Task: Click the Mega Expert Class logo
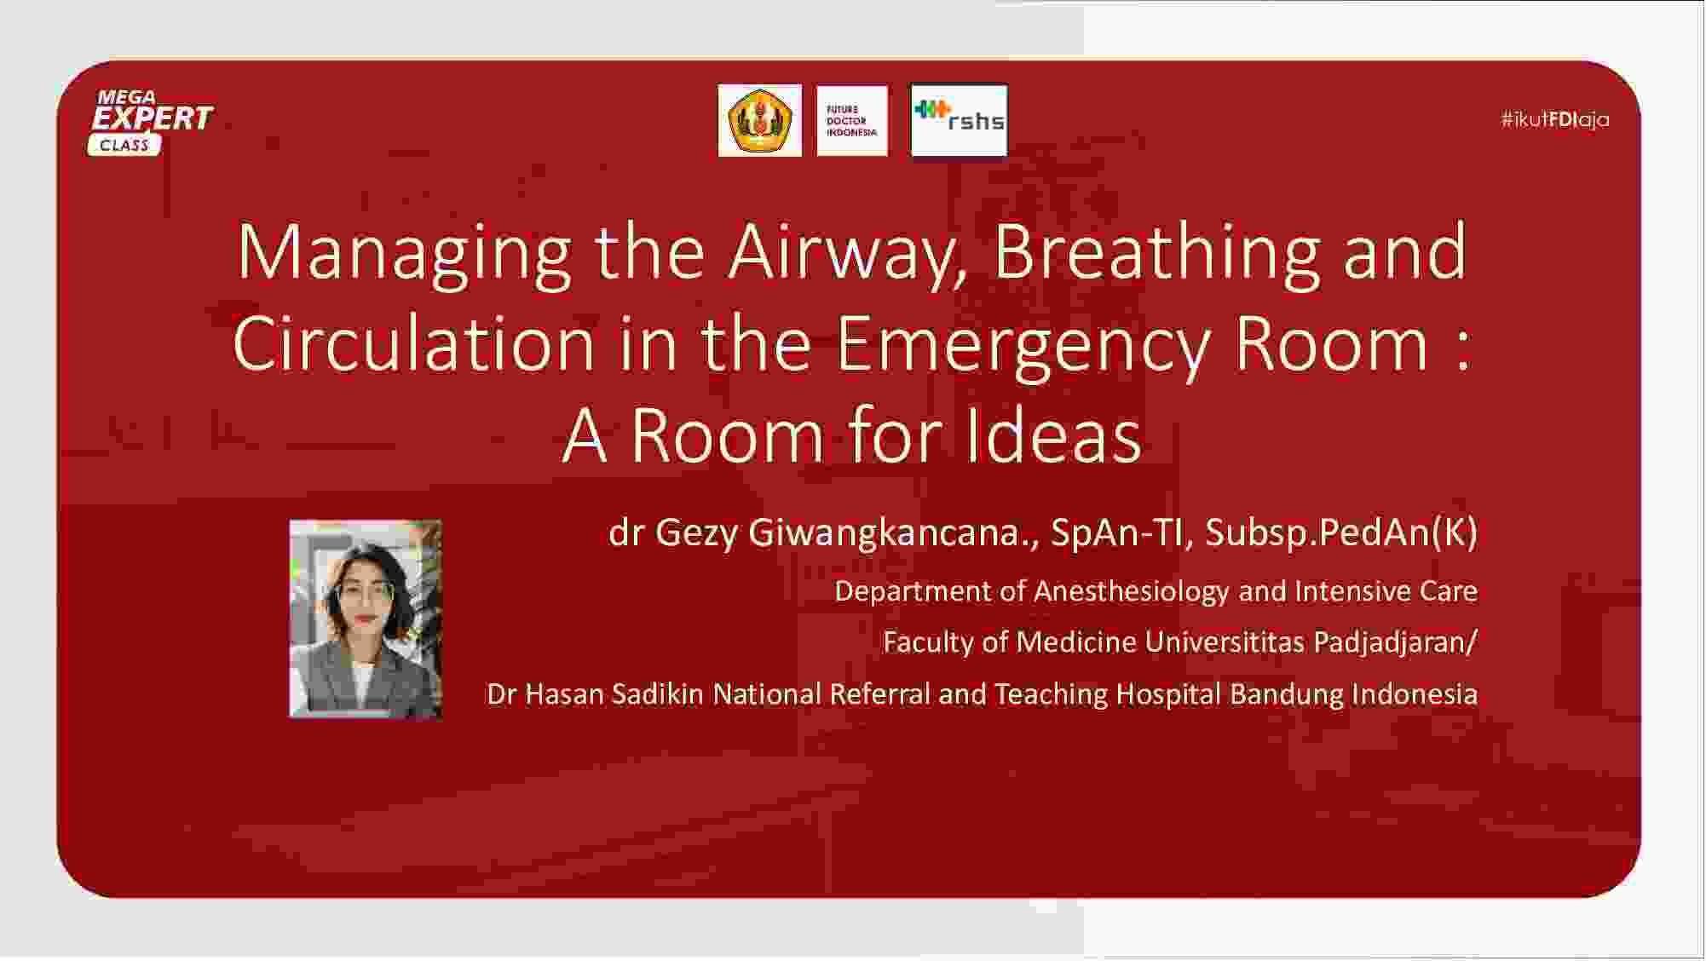pyautogui.click(x=151, y=122)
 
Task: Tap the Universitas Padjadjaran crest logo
pyautogui.click(x=759, y=120)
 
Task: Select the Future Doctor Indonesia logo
pyautogui.click(x=852, y=121)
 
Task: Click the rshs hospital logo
pyautogui.click(x=959, y=120)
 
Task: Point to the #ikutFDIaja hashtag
pyautogui.click(x=1555, y=119)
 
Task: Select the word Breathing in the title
pyautogui.click(x=1157, y=253)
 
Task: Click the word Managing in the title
pyautogui.click(x=405, y=253)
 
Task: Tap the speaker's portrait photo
pyautogui.click(x=366, y=619)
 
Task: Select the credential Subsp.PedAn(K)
pyautogui.click(x=1341, y=532)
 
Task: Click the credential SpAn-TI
pyautogui.click(x=1116, y=532)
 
